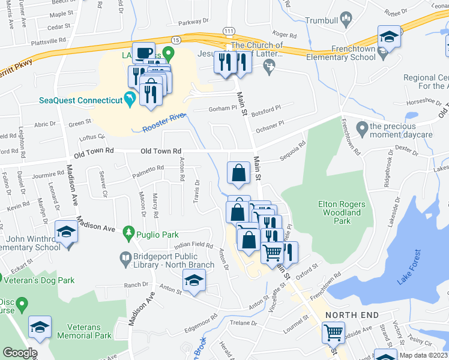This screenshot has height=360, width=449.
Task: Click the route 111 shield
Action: point(228,31)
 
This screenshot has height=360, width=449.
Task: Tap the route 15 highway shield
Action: point(175,39)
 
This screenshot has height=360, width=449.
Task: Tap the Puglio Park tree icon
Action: point(127,232)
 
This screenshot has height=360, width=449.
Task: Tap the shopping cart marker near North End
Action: point(334,331)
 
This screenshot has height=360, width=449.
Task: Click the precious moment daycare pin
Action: point(361,128)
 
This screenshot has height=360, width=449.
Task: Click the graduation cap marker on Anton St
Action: point(194,280)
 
